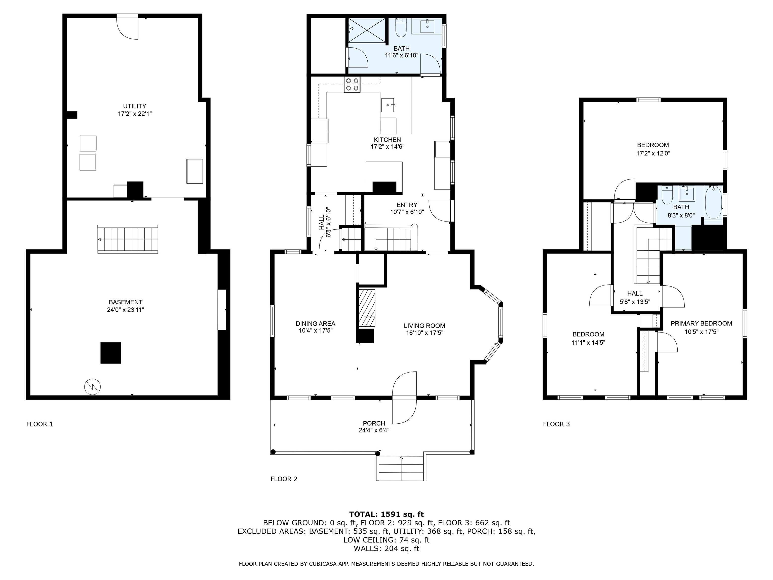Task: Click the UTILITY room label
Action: (x=135, y=106)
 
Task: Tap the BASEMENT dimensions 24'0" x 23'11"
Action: (x=126, y=310)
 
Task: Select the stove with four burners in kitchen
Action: (x=352, y=85)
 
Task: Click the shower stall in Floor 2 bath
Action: (x=367, y=31)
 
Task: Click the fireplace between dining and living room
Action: (x=367, y=308)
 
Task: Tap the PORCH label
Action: (x=374, y=423)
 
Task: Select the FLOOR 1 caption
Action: (x=40, y=424)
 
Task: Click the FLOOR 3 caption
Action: (x=556, y=424)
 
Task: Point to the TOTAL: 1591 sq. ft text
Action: (x=386, y=514)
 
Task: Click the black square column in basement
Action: (x=111, y=353)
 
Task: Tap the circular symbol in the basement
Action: (x=93, y=387)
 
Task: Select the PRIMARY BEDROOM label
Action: (x=701, y=323)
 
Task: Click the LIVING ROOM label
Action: (x=424, y=325)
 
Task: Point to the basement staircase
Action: (x=128, y=239)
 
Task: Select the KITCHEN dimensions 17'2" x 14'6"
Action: (x=387, y=147)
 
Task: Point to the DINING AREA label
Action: (x=315, y=323)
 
